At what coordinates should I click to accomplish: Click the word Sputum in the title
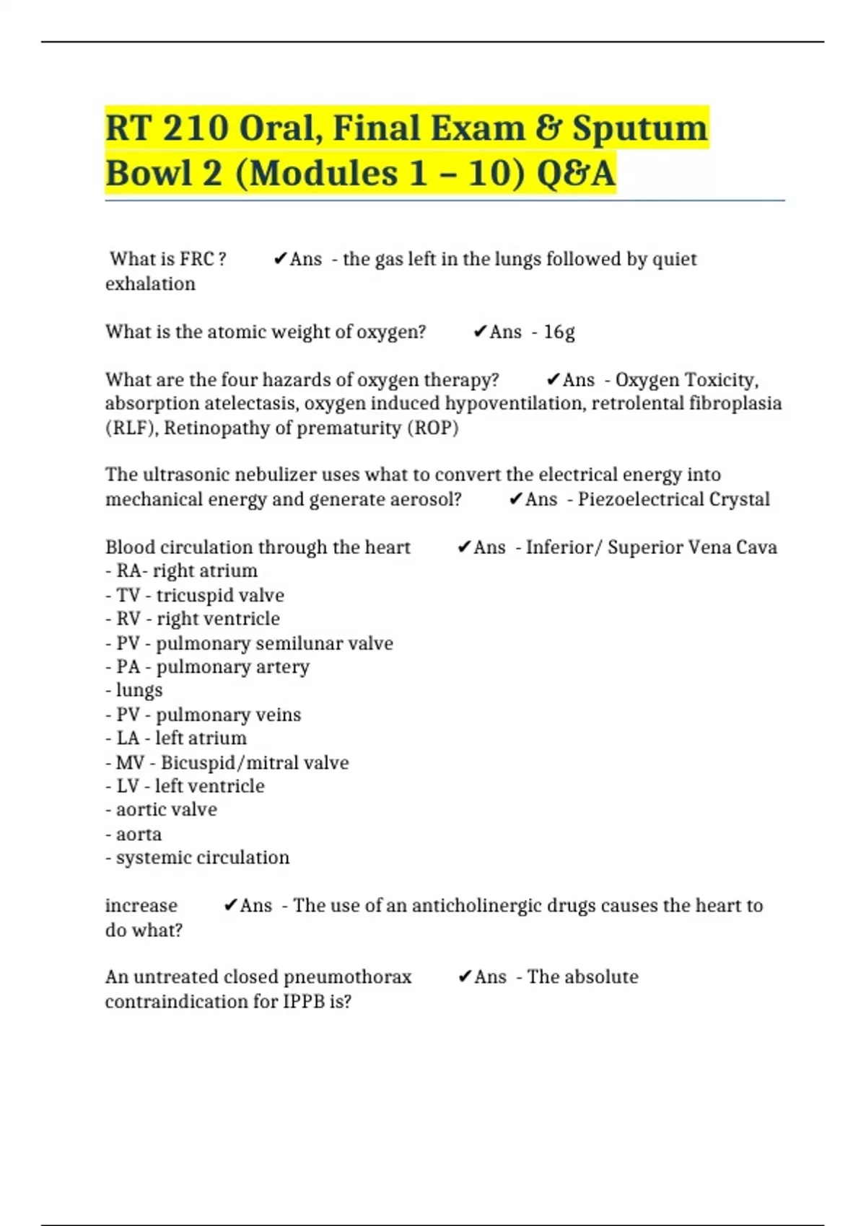pyautogui.click(x=639, y=128)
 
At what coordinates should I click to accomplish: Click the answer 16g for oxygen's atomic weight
pyautogui.click(x=559, y=332)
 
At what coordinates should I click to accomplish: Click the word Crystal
pyautogui.click(x=740, y=499)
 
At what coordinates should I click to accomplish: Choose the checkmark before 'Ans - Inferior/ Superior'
pyautogui.click(x=465, y=547)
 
